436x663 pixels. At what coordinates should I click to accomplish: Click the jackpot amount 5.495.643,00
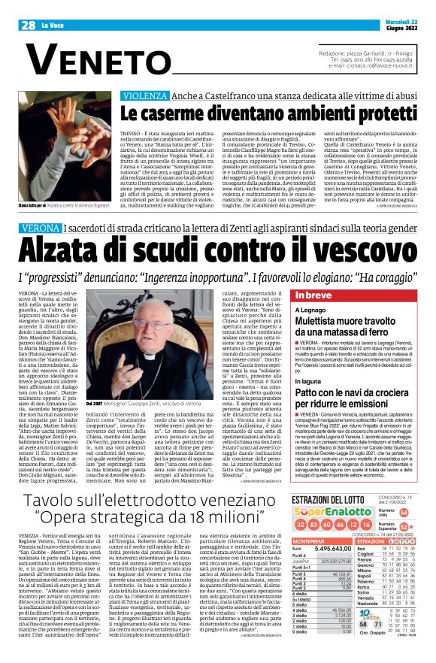[326, 549]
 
